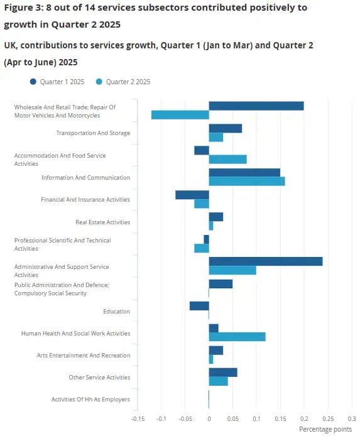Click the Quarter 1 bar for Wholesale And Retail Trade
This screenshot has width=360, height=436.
[256, 106]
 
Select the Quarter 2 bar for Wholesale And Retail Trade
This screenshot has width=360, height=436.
[180, 115]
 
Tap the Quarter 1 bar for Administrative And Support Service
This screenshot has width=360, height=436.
[266, 261]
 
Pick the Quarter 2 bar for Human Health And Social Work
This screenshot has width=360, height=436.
[237, 337]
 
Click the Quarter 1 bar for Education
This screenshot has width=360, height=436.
[199, 306]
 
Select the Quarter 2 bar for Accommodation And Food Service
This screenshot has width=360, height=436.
[227, 160]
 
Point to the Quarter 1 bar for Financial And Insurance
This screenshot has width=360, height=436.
[192, 195]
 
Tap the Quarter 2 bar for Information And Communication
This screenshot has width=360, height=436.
[247, 182]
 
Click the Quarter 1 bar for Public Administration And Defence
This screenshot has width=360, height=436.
[221, 284]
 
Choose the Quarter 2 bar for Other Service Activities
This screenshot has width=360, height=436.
[219, 381]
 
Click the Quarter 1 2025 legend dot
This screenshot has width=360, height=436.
[33, 82]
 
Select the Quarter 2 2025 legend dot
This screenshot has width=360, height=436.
[99, 82]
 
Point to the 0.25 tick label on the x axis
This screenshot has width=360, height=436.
[328, 419]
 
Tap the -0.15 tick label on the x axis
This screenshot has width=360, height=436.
[138, 419]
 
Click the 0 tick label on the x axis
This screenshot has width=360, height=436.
[209, 419]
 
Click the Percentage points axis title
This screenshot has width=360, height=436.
[325, 429]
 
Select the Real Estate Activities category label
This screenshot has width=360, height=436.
[103, 222]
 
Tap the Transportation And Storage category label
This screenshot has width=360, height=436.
[93, 133]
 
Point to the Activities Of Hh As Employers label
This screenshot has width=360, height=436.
[90, 400]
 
